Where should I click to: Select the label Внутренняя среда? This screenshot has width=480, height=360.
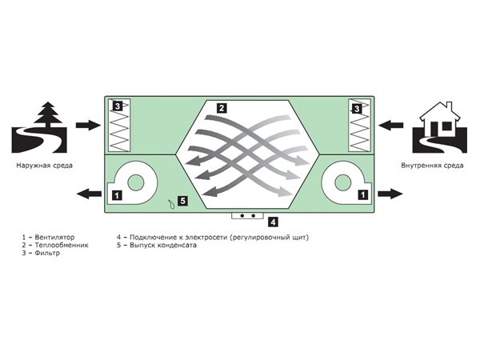tap(432, 166)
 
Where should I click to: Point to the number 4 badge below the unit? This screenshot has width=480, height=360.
tap(272, 222)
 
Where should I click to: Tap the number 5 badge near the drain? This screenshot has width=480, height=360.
tap(182, 200)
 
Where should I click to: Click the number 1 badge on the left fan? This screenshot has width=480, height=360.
tap(117, 194)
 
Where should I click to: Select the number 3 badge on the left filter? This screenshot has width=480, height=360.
tap(118, 106)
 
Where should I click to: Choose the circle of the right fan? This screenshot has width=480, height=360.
tap(339, 180)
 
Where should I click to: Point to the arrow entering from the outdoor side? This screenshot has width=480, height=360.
tap(83, 125)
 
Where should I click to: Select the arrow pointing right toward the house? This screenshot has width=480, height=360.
tap(390, 193)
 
